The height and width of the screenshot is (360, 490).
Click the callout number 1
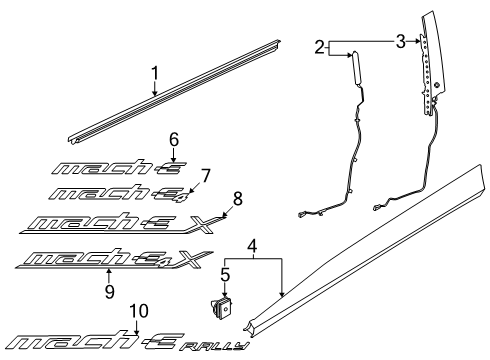(x=155, y=73)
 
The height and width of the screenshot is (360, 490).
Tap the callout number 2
(x=319, y=46)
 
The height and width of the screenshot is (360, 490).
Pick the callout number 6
(x=172, y=139)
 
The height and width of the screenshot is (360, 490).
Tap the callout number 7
(x=206, y=175)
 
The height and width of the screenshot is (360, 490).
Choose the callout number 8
(x=238, y=197)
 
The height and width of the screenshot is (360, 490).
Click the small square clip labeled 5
(x=223, y=307)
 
